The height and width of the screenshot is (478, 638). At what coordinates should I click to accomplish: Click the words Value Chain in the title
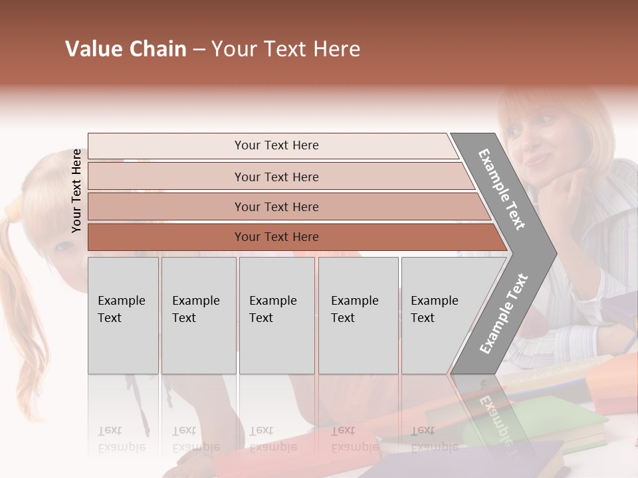click(126, 49)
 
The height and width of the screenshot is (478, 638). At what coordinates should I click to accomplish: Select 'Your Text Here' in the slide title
click(286, 49)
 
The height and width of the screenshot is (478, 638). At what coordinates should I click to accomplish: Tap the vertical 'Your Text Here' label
click(76, 191)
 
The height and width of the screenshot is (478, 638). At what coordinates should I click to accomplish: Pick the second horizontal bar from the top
click(276, 177)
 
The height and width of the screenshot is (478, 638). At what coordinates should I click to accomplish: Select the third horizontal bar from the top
click(276, 206)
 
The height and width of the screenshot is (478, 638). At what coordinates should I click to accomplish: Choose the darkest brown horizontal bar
click(276, 237)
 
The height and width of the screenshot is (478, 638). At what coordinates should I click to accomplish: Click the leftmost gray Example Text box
click(123, 315)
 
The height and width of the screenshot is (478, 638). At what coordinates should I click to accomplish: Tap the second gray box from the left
click(198, 315)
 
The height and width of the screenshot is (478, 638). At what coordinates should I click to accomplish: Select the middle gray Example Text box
click(276, 315)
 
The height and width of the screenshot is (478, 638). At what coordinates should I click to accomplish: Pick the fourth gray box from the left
click(358, 315)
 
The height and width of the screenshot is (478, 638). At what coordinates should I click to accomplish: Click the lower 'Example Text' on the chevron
click(504, 313)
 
